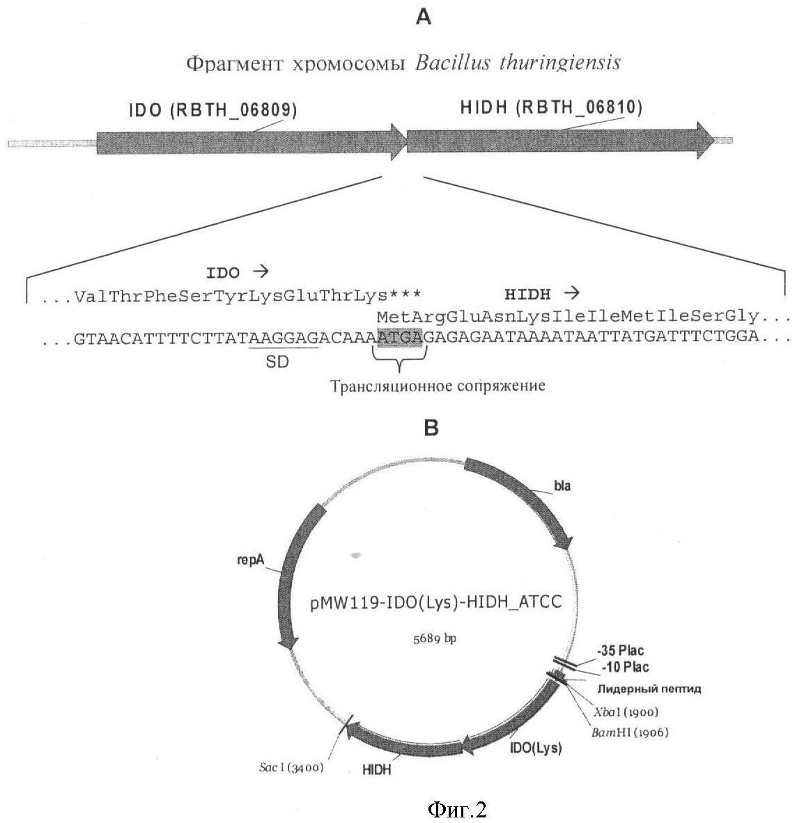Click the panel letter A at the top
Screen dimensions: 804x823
(x=424, y=17)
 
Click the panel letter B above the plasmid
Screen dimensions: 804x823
(x=431, y=428)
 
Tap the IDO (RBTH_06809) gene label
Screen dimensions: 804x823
(x=212, y=110)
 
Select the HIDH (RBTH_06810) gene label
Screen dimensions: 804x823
(x=551, y=108)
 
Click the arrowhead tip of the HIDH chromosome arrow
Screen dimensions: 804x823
(x=715, y=140)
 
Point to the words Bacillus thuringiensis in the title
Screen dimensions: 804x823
(x=517, y=63)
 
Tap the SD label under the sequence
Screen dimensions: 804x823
(x=277, y=361)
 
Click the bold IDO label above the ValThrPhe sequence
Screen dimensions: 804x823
(x=223, y=273)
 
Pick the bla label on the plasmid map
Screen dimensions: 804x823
(x=562, y=486)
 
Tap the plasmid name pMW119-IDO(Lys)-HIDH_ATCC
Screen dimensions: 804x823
(x=435, y=602)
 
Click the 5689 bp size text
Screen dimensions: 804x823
(x=434, y=638)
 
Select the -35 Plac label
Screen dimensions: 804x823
(x=620, y=651)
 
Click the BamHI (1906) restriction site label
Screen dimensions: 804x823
(x=631, y=732)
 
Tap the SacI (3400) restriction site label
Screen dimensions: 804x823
(x=291, y=767)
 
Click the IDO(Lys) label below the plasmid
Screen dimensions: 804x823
(x=536, y=748)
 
